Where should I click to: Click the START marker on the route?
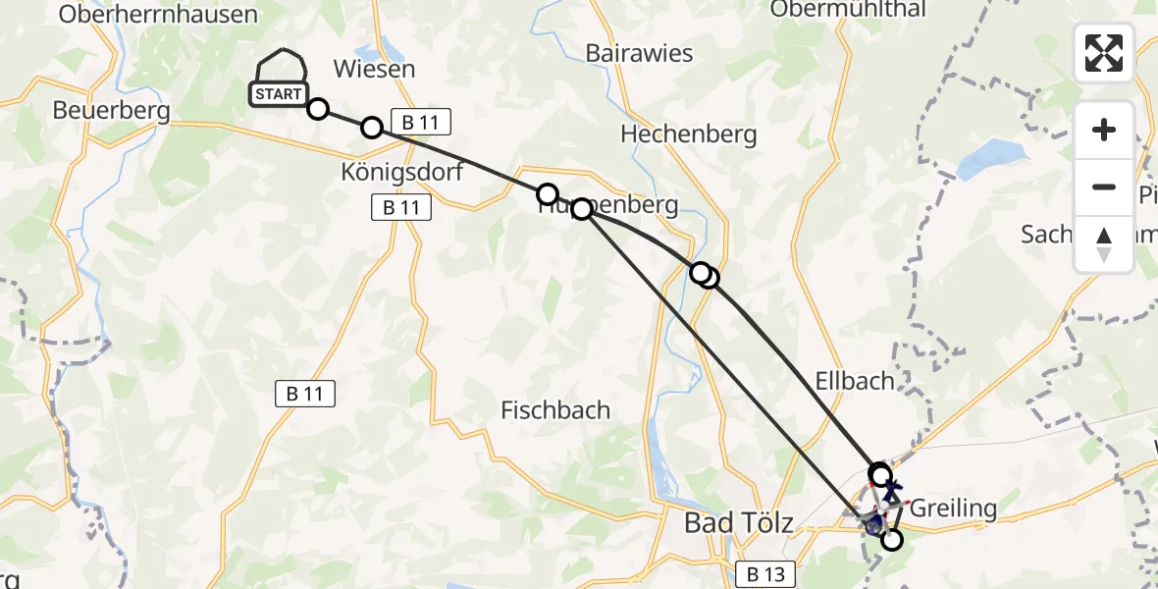pyautogui.click(x=279, y=94)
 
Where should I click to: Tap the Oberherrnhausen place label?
pyautogui.click(x=158, y=14)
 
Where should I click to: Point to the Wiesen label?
pyautogui.click(x=374, y=69)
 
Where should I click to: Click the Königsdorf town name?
pyautogui.click(x=401, y=171)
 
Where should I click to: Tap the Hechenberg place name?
pyautogui.click(x=689, y=134)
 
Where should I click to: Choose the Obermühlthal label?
pyautogui.click(x=848, y=9)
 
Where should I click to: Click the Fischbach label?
pyautogui.click(x=555, y=409)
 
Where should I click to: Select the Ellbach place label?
pyautogui.click(x=854, y=381)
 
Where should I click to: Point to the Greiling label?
pyautogui.click(x=953, y=508)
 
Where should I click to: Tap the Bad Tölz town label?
pyautogui.click(x=739, y=523)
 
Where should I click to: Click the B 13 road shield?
pyautogui.click(x=765, y=574)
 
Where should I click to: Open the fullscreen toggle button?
pyautogui.click(x=1104, y=53)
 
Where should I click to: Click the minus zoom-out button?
pyautogui.click(x=1104, y=187)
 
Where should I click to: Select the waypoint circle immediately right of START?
pyautogui.click(x=318, y=108)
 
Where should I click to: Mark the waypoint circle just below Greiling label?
pyautogui.click(x=891, y=539)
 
